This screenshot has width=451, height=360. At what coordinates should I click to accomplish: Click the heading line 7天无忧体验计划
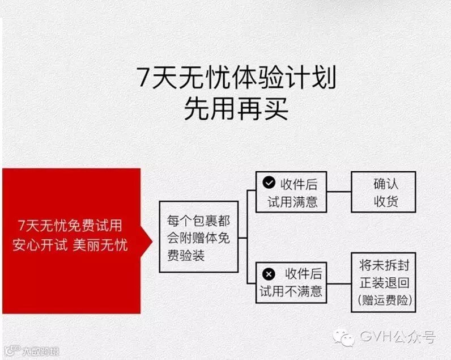coord(236,78)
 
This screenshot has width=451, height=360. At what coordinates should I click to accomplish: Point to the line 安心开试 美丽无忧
coord(70,245)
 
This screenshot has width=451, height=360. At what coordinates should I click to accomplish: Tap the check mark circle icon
coord(269,183)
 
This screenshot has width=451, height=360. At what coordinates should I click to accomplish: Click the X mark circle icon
coord(269,274)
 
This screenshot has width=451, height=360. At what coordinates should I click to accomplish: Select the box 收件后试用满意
coord(291,192)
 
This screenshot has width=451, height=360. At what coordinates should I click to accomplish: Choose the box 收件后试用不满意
coord(291,282)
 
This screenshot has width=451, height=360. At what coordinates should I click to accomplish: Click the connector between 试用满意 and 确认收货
coord(339,192)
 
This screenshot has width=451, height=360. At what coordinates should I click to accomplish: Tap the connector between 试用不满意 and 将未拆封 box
coord(339,282)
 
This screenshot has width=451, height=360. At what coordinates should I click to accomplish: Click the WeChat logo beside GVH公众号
coord(344,338)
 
